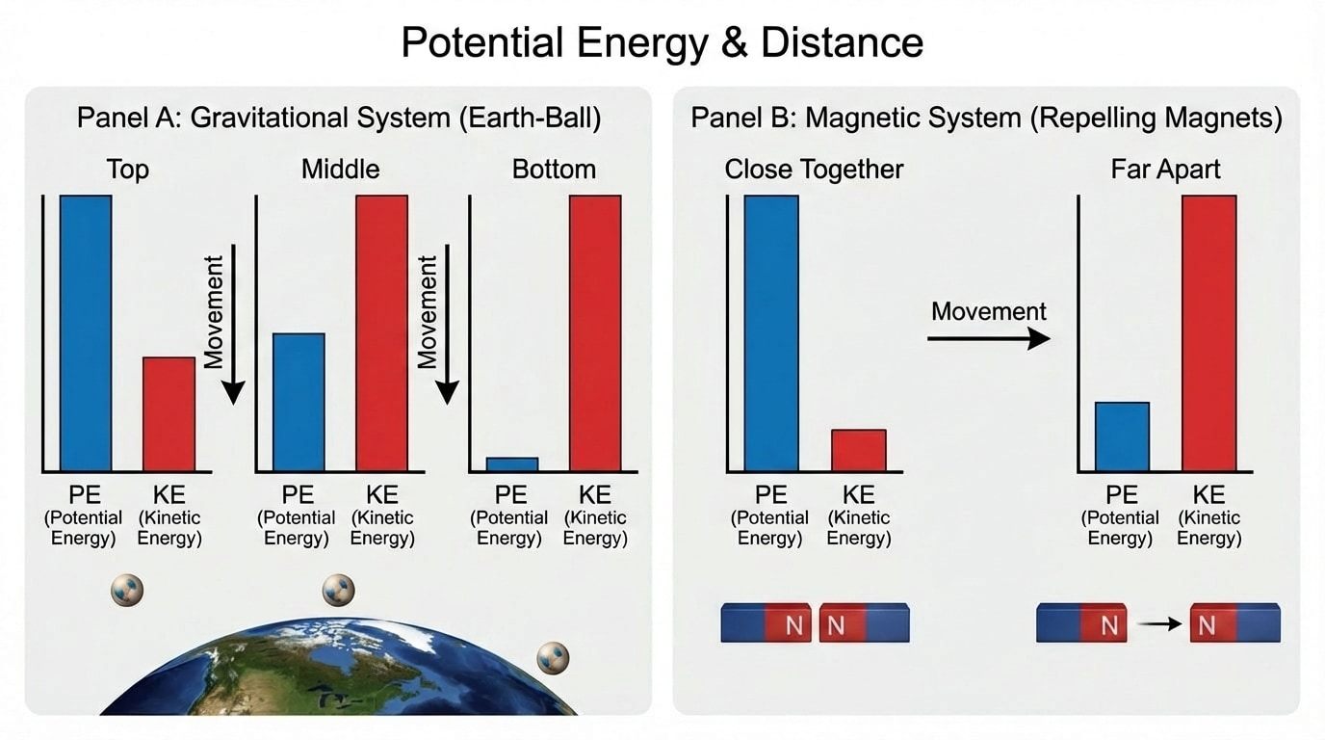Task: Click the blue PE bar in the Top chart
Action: [x=86, y=332]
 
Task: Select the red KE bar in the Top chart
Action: [x=169, y=413]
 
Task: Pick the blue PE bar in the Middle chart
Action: [x=299, y=402]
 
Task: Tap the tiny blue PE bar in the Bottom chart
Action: [x=511, y=463]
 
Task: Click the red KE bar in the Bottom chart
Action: [x=595, y=332]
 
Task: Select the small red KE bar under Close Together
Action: [x=859, y=450]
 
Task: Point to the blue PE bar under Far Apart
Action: [x=1122, y=436]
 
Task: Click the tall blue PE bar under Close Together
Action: [x=771, y=332]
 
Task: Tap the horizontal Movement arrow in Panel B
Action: [x=988, y=338]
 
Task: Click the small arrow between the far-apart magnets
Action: [x=1159, y=624]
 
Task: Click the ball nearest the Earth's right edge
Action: [x=553, y=657]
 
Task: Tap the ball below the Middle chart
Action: [x=338, y=588]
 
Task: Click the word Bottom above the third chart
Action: [x=554, y=170]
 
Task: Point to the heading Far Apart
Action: [x=1165, y=170]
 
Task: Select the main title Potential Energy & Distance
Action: [x=662, y=42]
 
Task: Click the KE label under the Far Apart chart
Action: [x=1208, y=495]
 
